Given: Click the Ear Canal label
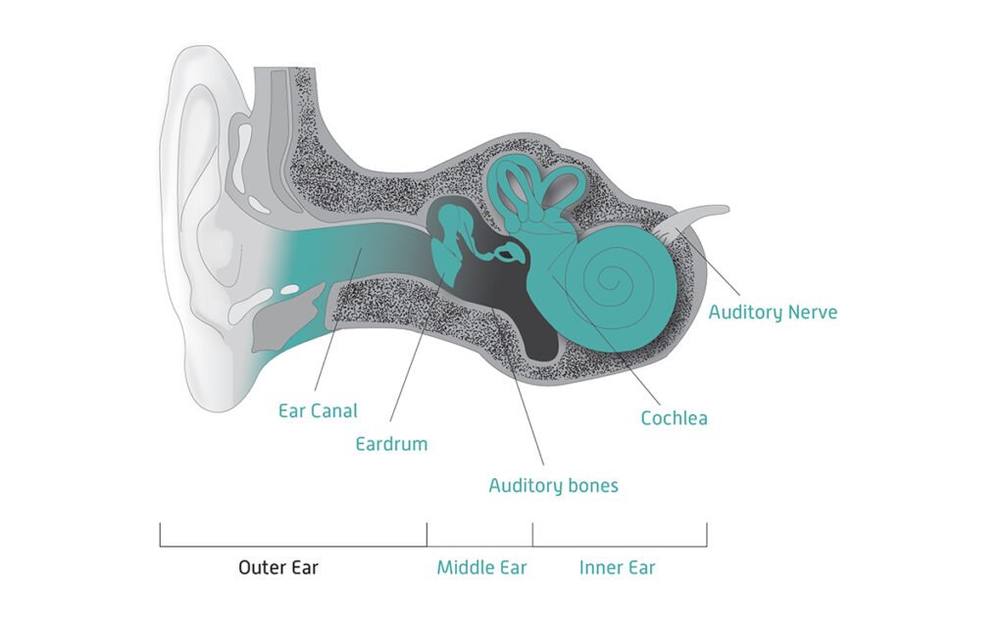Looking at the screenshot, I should [318, 411].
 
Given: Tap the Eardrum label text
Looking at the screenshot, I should [391, 444].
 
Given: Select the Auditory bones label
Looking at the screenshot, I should [553, 485].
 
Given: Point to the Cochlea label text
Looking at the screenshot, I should [674, 418].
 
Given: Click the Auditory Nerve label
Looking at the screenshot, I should [773, 313].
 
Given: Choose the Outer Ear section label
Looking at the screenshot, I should [278, 567].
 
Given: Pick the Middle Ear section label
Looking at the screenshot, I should [481, 567].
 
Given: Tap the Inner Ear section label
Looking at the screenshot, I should [617, 567].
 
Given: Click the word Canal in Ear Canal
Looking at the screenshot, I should [335, 411].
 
